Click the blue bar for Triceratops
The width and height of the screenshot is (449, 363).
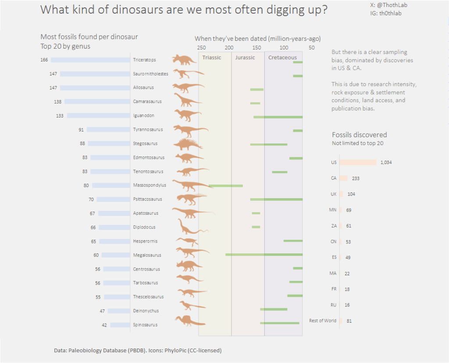(x=90, y=60)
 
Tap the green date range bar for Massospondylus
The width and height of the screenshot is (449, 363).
(x=226, y=185)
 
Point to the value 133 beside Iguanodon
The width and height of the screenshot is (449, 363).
(x=60, y=116)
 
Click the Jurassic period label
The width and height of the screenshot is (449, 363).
(x=245, y=57)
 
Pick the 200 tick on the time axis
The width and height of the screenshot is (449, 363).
(x=229, y=48)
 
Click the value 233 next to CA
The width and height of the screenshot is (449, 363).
(x=356, y=178)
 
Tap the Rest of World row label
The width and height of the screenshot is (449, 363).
(x=323, y=320)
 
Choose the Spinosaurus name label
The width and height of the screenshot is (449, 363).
(x=145, y=325)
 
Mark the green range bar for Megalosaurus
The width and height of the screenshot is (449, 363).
(x=264, y=254)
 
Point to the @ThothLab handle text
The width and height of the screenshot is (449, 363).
(x=385, y=5)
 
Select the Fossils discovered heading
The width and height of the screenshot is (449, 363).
(x=359, y=135)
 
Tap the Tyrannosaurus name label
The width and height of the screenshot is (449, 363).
(x=148, y=129)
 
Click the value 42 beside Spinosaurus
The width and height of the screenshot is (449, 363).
(x=104, y=325)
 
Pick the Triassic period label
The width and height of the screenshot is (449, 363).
(x=212, y=57)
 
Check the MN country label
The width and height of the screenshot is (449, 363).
(x=333, y=210)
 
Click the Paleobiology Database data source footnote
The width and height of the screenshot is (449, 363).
(x=138, y=350)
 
